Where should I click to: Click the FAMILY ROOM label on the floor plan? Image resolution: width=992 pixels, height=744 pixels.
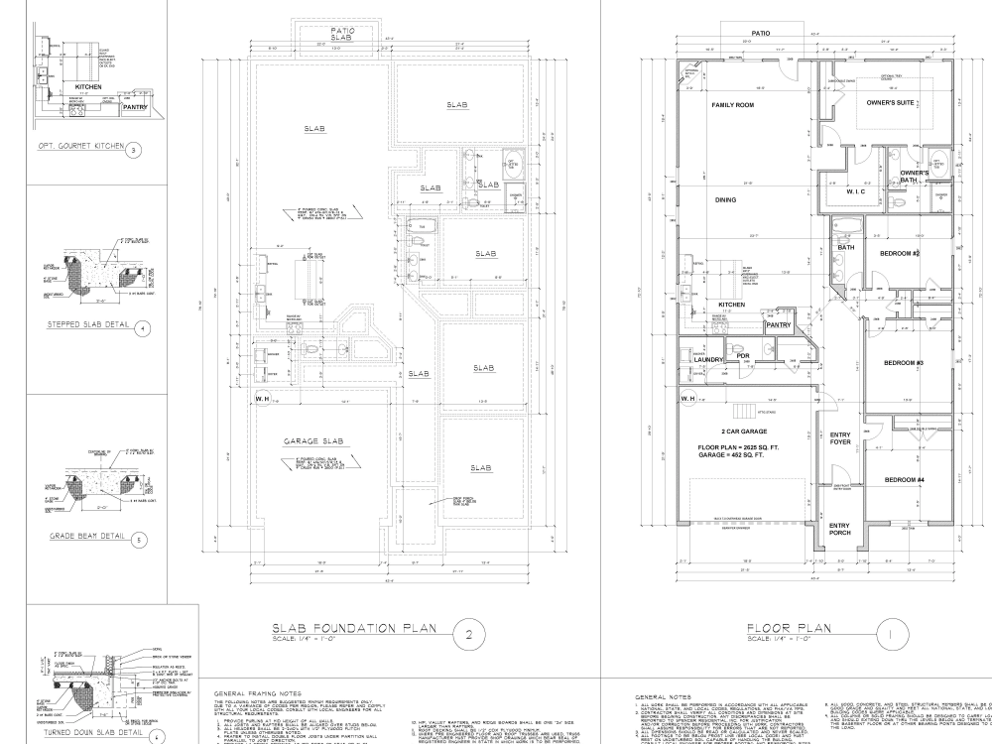click(733, 104)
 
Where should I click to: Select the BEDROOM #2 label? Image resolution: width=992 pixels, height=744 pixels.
click(901, 254)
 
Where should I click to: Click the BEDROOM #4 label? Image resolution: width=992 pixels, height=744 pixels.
click(904, 480)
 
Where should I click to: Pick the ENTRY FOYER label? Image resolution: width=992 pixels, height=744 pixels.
click(840, 439)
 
